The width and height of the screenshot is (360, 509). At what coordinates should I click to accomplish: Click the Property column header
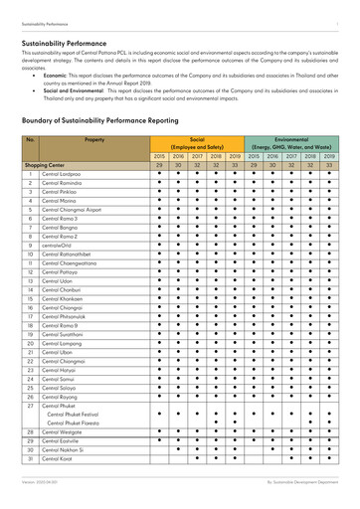coord(94,140)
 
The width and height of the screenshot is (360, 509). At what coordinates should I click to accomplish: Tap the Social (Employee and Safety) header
coord(197,143)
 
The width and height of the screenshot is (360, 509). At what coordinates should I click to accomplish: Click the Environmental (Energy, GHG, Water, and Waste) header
coord(291,143)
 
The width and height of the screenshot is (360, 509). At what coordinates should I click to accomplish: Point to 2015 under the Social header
coord(159,156)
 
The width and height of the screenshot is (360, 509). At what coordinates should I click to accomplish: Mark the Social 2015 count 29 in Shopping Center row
coord(159,165)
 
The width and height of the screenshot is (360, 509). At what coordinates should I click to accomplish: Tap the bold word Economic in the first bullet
coord(56,75)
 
